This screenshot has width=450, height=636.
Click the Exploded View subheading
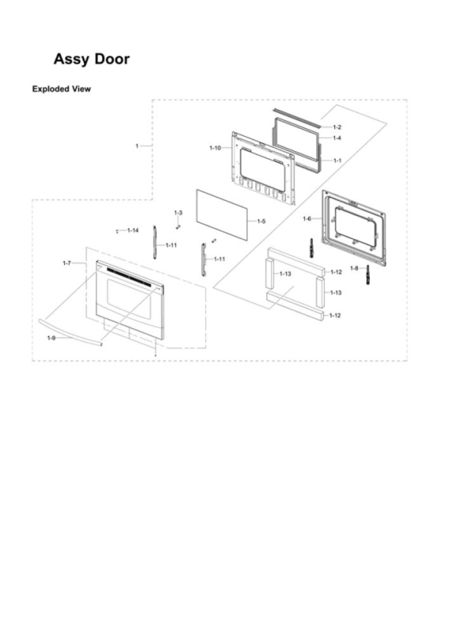pos(62,89)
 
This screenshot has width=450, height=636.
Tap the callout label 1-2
pos(337,127)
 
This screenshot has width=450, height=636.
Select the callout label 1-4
pos(337,138)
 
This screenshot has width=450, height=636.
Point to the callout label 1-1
pos(337,160)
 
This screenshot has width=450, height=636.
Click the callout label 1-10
pos(216,148)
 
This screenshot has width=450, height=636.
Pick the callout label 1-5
pos(262,221)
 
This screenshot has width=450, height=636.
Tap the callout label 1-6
pos(307,219)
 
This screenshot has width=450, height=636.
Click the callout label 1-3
pos(178,212)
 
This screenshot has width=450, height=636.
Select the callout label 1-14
pos(133,231)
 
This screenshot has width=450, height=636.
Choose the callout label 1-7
pos(67,263)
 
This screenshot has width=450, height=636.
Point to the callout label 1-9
pos(51,338)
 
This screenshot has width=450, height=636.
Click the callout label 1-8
pos(354,268)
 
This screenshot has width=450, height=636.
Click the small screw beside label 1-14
pos(117,231)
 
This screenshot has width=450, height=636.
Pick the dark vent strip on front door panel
pos(130,277)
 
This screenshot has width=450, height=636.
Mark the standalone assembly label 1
pos(137,146)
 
